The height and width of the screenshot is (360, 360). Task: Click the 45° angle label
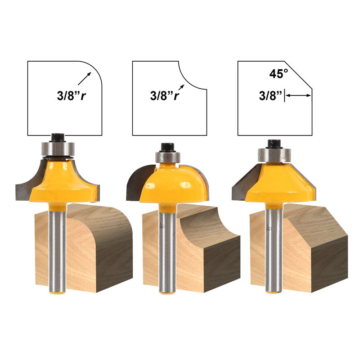click(279, 74)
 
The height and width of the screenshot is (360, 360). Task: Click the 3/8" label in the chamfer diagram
click(270, 95)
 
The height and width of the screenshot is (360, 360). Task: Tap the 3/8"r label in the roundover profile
click(72, 95)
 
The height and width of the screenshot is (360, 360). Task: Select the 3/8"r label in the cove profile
click(164, 95)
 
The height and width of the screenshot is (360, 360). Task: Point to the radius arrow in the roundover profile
click(85, 78)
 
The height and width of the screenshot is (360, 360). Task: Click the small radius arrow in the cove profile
click(181, 87)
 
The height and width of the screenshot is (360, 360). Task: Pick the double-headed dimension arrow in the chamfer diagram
click(298, 95)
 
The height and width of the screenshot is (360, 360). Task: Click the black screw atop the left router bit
click(58, 138)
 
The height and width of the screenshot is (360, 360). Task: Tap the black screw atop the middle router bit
click(167, 148)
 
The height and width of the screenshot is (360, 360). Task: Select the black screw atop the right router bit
click(274, 144)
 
